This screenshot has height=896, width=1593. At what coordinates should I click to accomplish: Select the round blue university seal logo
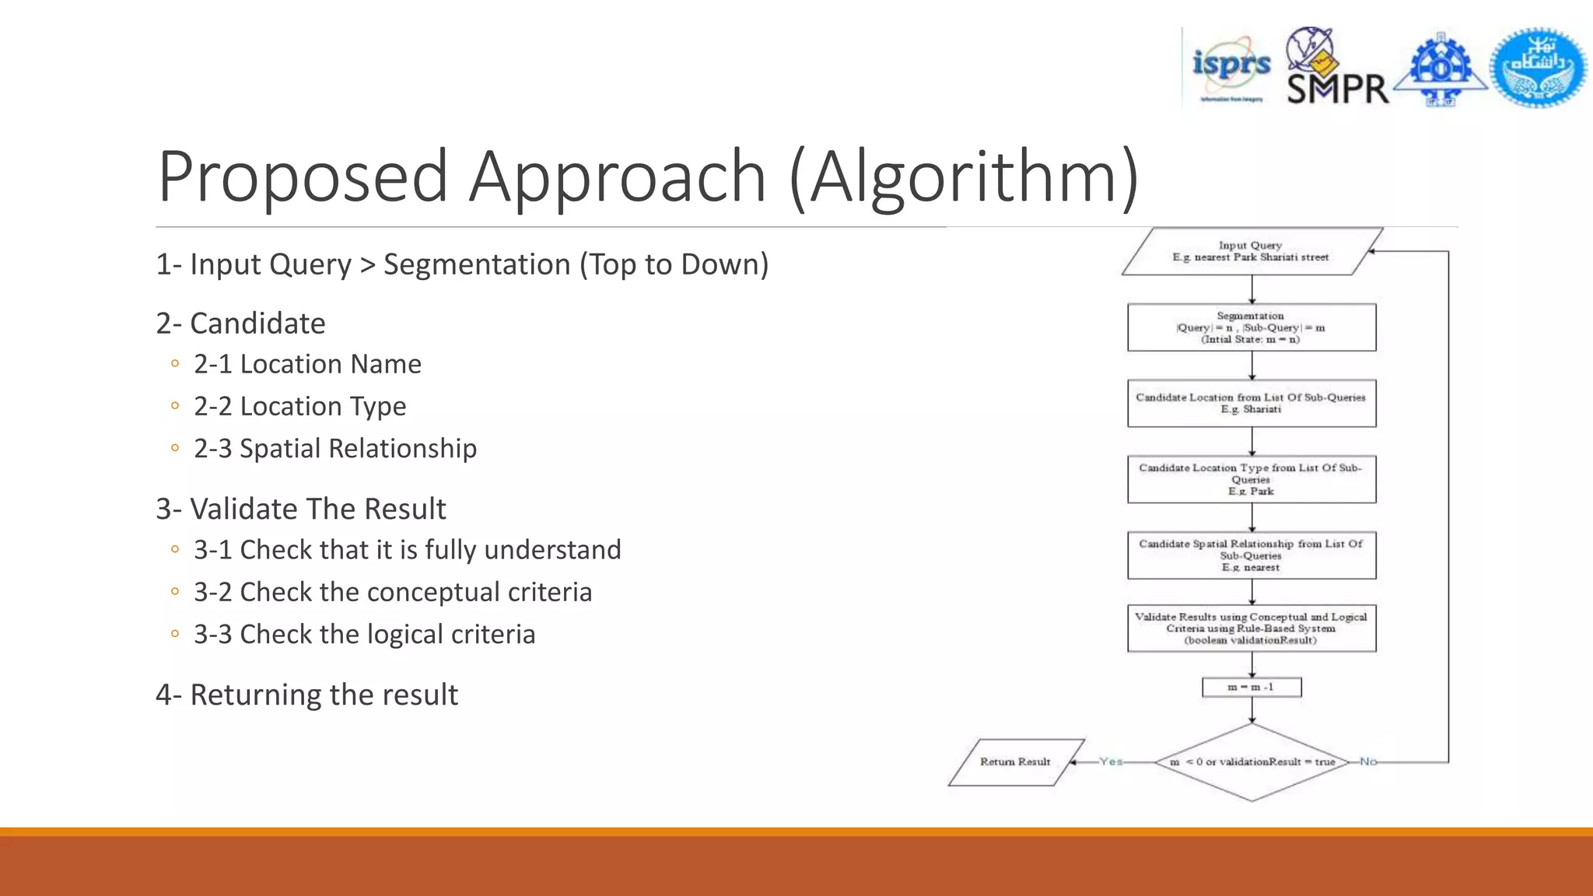(1538, 68)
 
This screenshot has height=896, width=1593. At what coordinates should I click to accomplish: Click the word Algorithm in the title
(964, 177)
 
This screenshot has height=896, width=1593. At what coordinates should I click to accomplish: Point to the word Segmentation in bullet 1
(477, 264)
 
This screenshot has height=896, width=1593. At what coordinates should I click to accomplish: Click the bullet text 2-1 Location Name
(307, 364)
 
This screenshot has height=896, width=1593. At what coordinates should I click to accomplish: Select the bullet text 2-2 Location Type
(299, 406)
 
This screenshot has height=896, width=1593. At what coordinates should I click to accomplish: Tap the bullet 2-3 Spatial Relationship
(334, 449)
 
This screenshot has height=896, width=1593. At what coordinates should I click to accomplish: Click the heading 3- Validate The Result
(301, 509)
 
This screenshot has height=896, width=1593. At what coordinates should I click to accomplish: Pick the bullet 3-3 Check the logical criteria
(364, 635)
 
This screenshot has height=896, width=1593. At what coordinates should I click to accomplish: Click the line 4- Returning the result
(307, 695)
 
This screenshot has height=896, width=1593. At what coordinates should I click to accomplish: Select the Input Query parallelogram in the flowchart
(1252, 251)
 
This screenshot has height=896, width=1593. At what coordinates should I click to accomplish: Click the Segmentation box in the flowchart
(1252, 327)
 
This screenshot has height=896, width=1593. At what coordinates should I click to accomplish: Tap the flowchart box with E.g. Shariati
(1252, 403)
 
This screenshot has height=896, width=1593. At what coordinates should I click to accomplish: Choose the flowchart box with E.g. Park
(1252, 479)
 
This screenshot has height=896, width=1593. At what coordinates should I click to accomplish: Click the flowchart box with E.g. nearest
(1252, 555)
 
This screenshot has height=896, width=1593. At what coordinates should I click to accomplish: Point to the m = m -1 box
(1252, 688)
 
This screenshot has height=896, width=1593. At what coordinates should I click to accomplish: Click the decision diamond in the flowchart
(1252, 762)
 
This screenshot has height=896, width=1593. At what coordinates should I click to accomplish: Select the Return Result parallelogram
(1015, 762)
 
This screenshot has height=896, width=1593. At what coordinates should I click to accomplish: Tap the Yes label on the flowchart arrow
(1111, 762)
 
